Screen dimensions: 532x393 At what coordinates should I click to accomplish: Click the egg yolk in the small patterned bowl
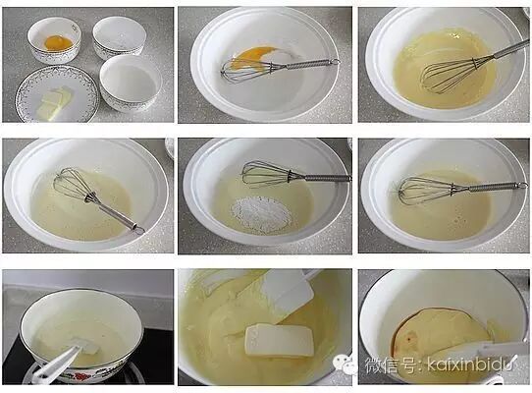tap(58, 43)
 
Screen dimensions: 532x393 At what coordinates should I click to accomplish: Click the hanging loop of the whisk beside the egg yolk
tap(335, 62)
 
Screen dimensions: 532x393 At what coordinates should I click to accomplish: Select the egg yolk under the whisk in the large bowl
tap(252, 57)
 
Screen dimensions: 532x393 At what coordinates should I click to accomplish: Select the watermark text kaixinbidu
tap(472, 365)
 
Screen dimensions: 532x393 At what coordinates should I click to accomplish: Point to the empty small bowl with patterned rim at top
tap(120, 36)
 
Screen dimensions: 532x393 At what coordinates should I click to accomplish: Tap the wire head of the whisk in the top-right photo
tap(449, 74)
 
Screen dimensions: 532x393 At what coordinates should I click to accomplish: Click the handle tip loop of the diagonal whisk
tap(138, 230)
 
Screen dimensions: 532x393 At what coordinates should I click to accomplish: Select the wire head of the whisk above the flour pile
tap(266, 174)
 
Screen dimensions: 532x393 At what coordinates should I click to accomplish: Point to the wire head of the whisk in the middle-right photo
tap(428, 192)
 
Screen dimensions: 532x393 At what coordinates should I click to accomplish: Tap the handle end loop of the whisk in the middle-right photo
tap(523, 185)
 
